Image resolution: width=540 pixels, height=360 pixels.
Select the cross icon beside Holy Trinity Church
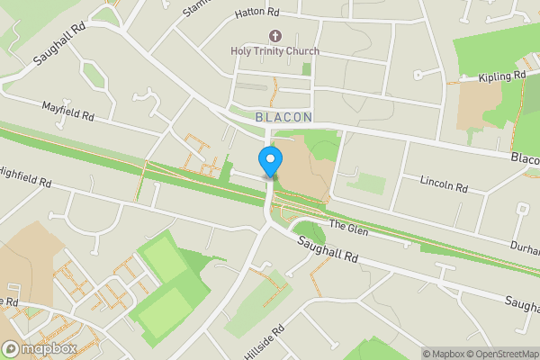(x=274, y=36)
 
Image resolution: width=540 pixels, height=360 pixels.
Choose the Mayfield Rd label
(x=68, y=112)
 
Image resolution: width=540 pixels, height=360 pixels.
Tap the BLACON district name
(x=283, y=117)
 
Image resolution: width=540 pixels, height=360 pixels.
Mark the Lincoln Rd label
(x=445, y=184)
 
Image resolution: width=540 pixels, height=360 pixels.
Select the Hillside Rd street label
(x=264, y=342)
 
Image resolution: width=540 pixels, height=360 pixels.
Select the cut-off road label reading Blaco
(x=524, y=158)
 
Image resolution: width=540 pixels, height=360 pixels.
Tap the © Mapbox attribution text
(x=443, y=354)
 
